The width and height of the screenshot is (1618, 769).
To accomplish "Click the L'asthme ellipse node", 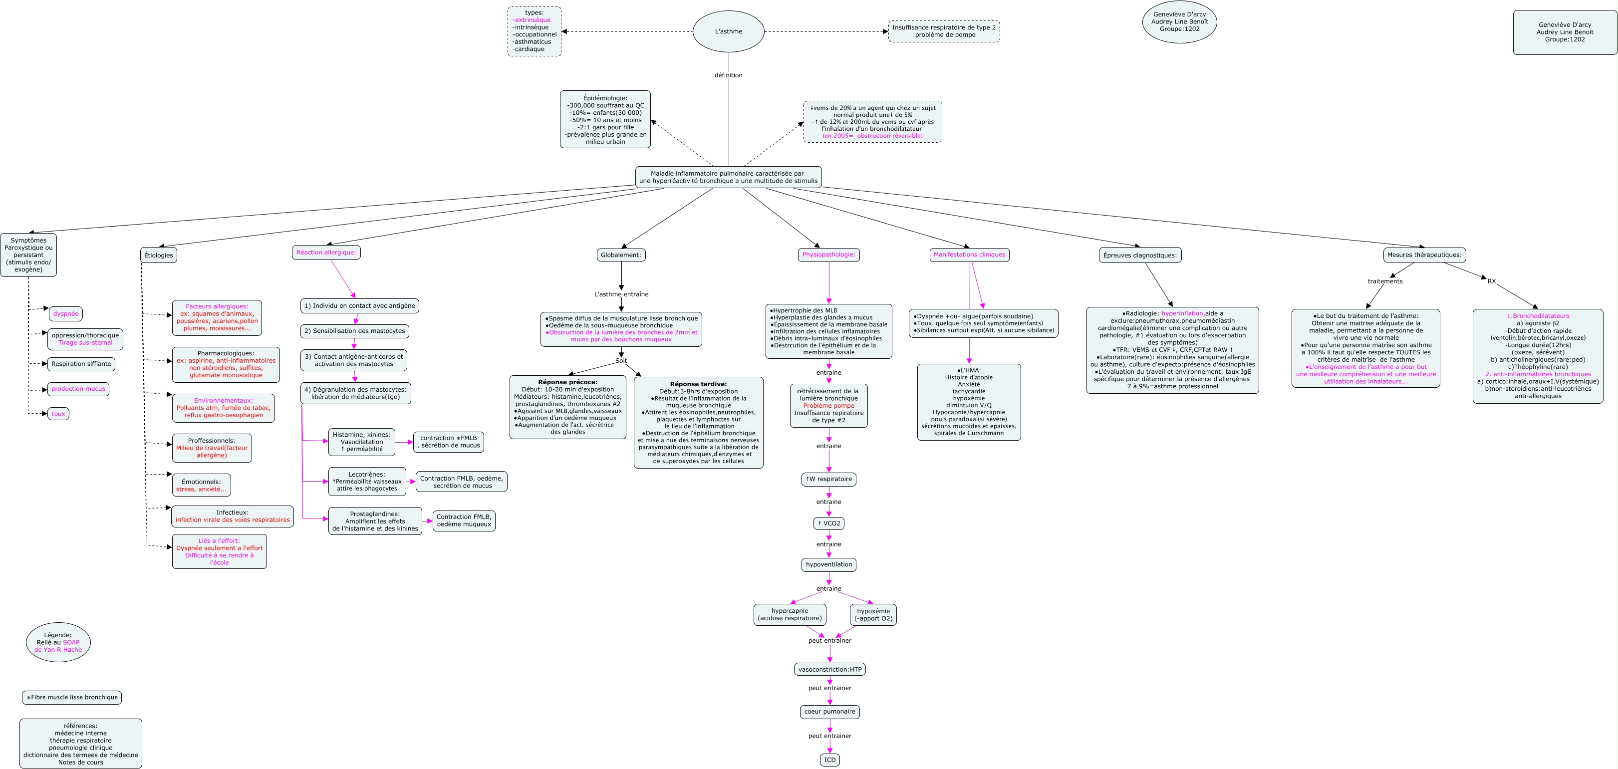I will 728,31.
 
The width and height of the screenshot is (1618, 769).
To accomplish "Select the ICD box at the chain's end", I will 830,760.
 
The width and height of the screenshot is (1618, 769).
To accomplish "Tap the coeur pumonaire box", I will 830,712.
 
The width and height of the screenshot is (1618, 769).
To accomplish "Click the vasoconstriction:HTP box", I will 830,670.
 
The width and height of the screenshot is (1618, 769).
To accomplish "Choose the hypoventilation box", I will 829,565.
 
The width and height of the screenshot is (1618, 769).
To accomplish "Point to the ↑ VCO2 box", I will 829,523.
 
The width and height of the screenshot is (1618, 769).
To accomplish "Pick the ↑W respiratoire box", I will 829,480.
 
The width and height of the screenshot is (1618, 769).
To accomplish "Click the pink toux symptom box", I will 58,414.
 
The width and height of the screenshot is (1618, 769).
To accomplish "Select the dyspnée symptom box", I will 66,313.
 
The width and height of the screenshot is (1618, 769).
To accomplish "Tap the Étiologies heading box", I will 158,255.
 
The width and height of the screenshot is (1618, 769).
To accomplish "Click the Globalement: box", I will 621,255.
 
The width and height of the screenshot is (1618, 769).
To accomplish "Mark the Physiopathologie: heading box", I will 829,255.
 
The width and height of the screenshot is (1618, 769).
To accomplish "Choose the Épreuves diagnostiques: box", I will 1140,255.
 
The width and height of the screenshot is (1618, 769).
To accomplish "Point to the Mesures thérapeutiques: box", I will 1424,255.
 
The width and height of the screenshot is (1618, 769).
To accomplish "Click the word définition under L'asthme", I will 728,75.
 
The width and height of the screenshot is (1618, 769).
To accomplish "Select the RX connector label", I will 1491,281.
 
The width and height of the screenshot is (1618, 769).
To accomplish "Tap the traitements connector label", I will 1385,281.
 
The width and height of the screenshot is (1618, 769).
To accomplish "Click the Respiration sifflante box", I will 81,364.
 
